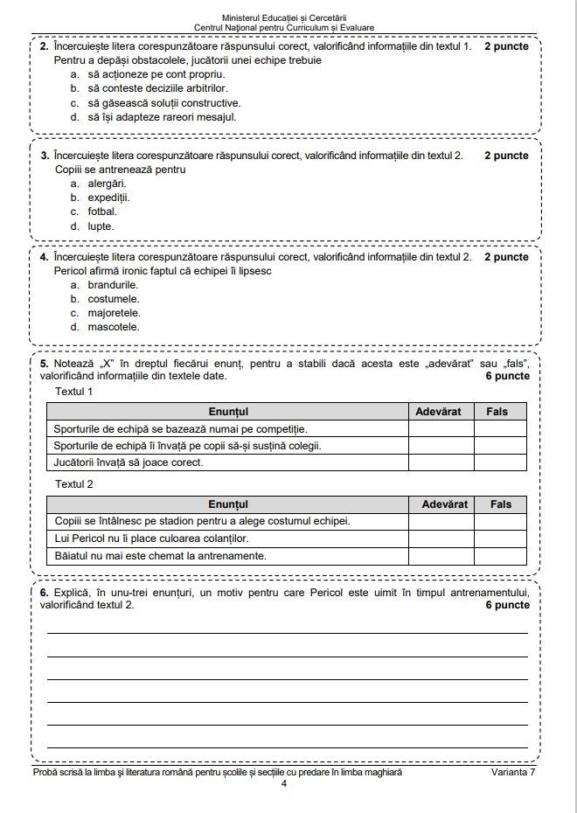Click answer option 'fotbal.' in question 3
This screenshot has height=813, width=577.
(101, 212)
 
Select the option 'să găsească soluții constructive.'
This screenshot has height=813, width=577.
(163, 102)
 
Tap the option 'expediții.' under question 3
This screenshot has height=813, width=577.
(108, 198)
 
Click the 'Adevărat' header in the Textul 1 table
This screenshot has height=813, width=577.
(441, 411)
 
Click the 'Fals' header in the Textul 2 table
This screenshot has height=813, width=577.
(501, 504)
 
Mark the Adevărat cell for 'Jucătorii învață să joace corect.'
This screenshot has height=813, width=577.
(441, 462)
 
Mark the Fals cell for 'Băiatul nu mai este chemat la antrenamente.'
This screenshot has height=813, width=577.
(501, 555)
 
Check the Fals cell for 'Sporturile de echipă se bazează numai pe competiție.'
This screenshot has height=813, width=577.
(501, 428)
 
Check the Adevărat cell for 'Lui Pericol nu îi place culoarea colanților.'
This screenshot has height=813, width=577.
(441, 539)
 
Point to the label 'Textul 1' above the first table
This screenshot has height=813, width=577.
(74, 392)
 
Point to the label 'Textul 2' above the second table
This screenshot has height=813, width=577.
(74, 484)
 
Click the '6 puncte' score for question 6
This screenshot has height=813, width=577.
(507, 605)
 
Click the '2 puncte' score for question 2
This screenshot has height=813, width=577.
(506, 46)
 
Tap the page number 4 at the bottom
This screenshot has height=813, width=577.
(284, 783)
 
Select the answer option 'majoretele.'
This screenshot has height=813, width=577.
(114, 313)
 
